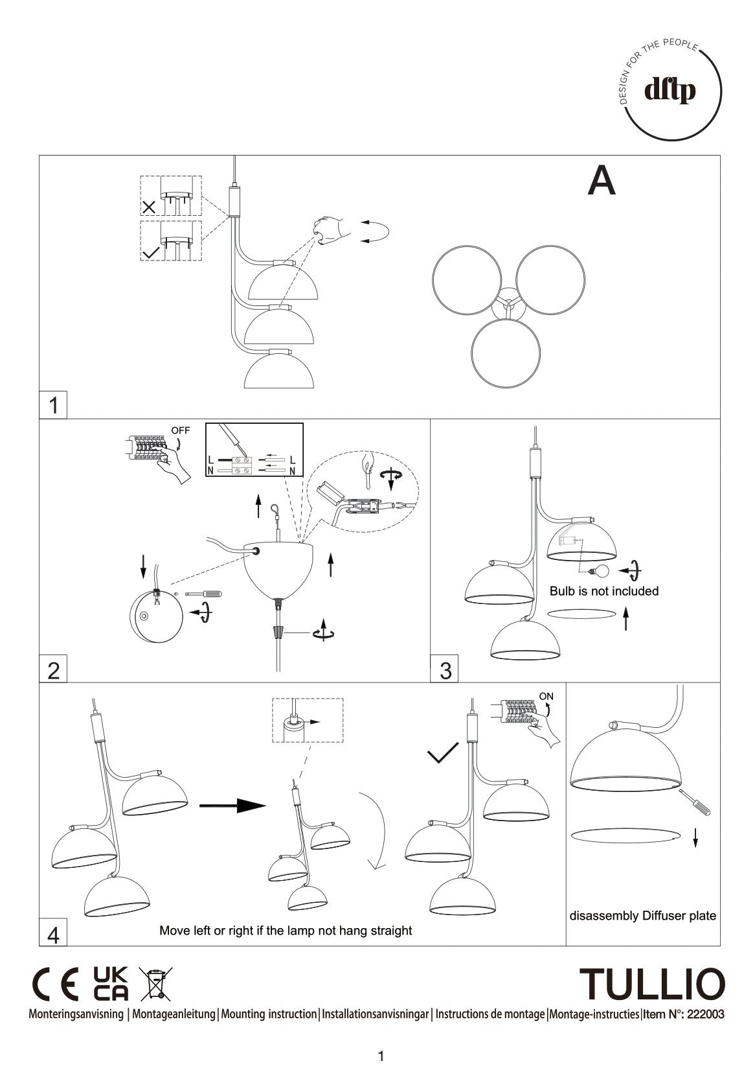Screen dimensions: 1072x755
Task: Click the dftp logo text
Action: point(670,91)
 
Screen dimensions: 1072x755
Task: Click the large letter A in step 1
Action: point(601,181)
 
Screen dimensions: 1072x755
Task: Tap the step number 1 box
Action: point(53,405)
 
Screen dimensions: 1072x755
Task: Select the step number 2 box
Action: point(53,670)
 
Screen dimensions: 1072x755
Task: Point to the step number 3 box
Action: point(445,670)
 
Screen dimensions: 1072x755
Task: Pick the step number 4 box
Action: point(53,935)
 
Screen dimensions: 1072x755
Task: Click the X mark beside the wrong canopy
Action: point(149,207)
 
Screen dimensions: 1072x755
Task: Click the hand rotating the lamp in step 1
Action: point(333,229)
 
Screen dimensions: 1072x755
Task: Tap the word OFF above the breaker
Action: point(181,430)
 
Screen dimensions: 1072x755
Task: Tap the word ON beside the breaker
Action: point(547,697)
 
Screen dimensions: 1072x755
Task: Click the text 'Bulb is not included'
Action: point(603,591)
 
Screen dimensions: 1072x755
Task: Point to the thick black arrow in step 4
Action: point(232,806)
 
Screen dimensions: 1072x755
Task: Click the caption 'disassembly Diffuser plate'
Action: point(642,916)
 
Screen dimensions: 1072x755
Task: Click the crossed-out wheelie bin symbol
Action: point(156,985)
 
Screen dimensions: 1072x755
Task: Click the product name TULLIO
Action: point(652,985)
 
